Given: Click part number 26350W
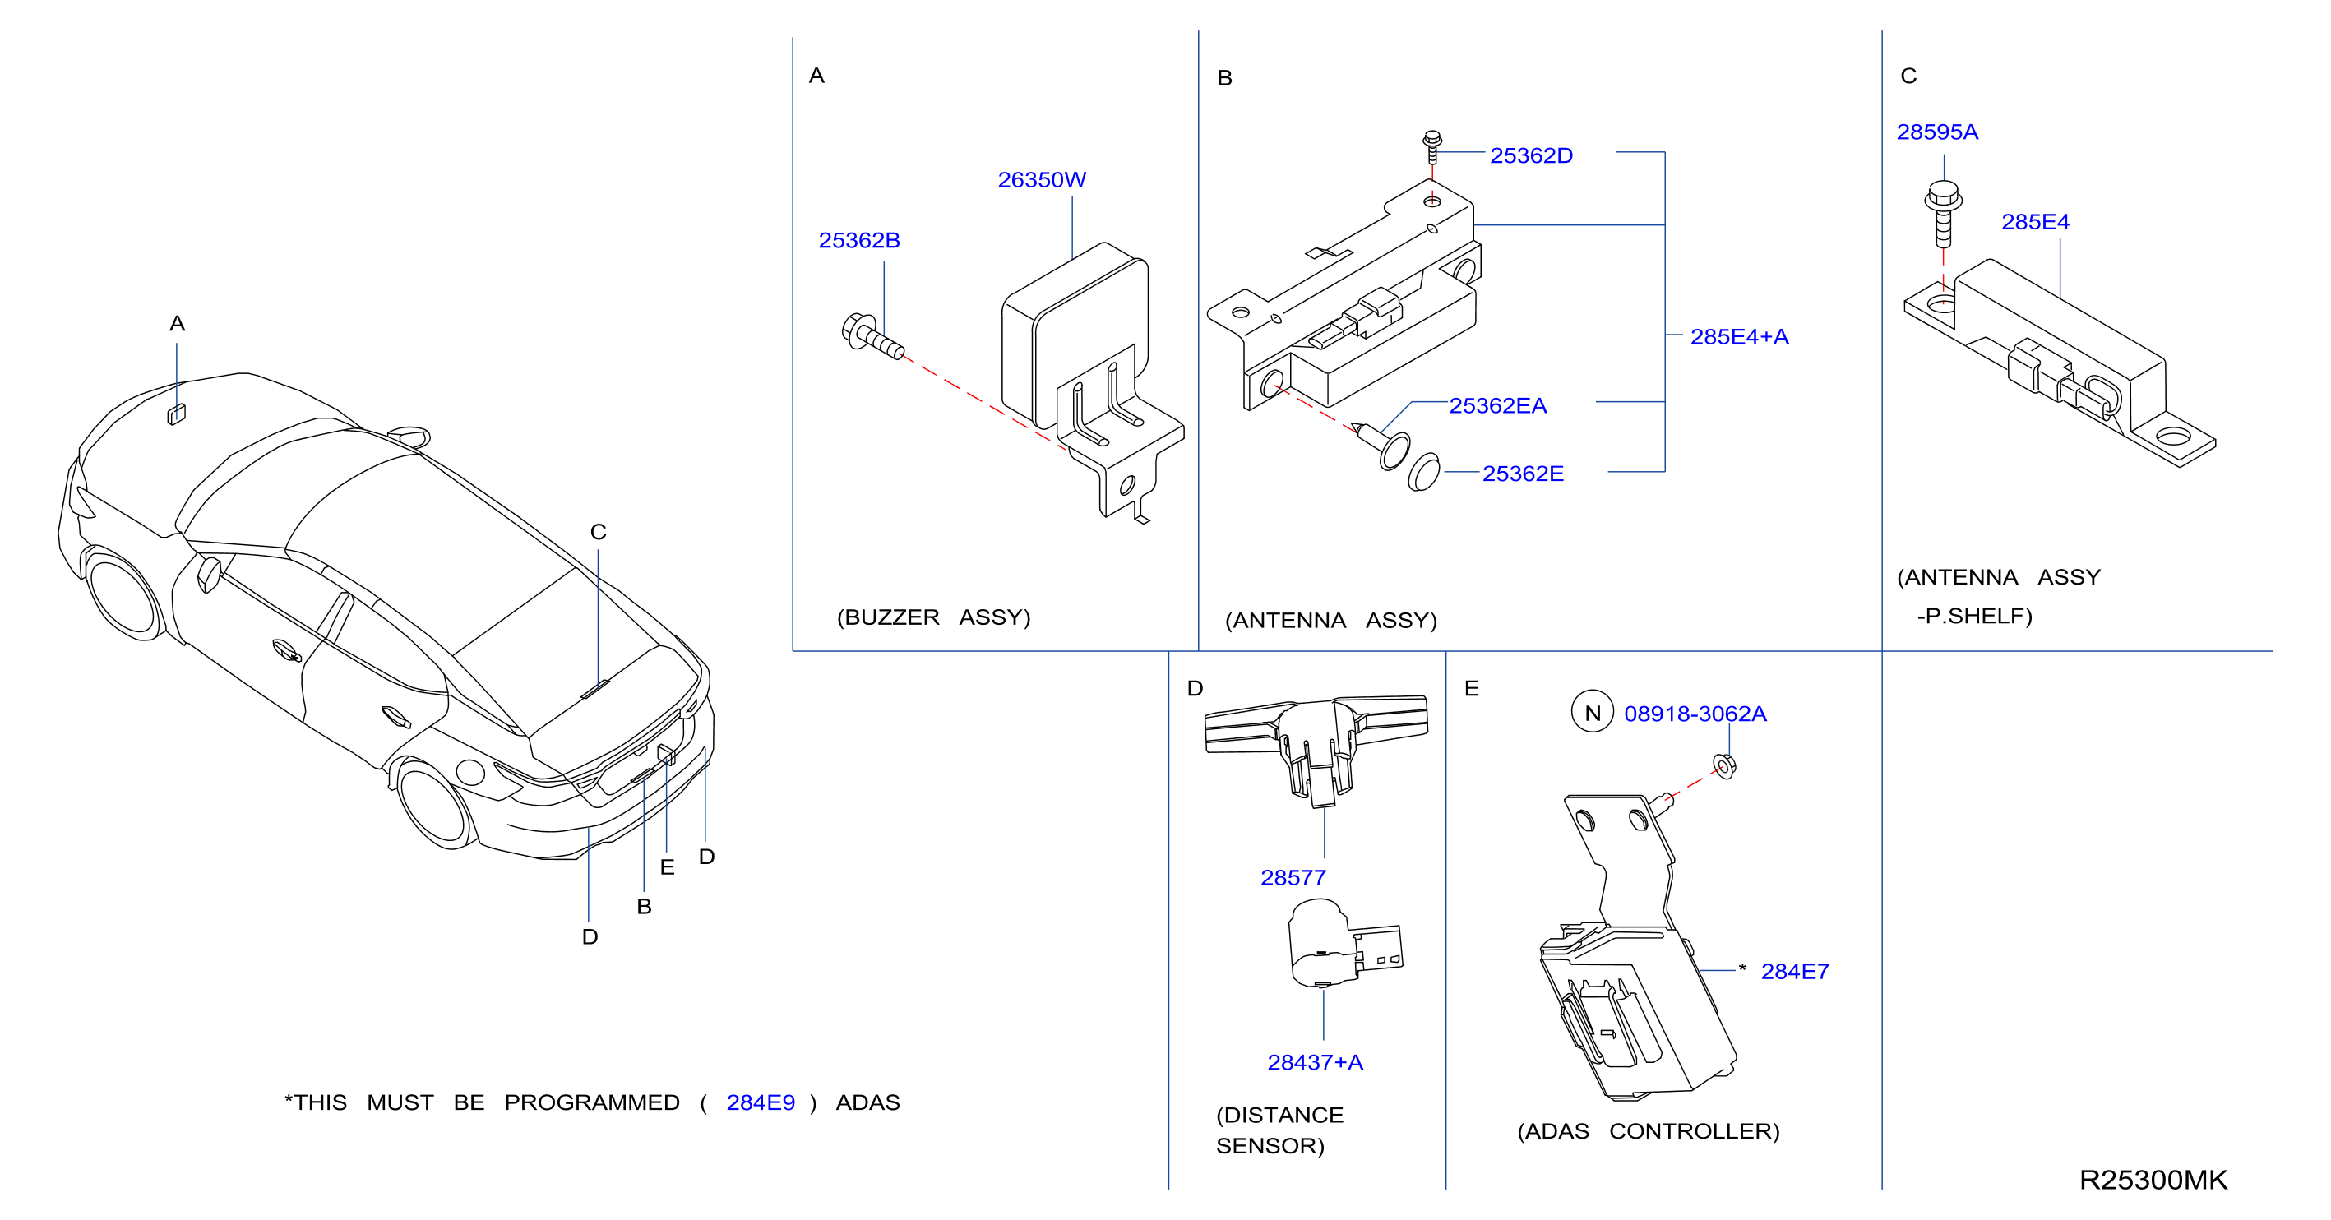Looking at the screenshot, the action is pyautogui.click(x=1042, y=180).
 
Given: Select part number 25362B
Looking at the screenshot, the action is pyautogui.click(x=858, y=241).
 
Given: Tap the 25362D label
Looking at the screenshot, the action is pyautogui.click(x=1531, y=155).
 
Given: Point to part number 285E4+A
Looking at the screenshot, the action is pyautogui.click(x=1739, y=337).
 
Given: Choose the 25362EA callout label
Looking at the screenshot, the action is pyautogui.click(x=1497, y=405).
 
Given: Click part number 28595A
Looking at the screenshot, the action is pyautogui.click(x=1937, y=132).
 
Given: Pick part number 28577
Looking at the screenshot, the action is pyautogui.click(x=1293, y=877).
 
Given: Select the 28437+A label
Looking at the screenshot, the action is pyautogui.click(x=1315, y=1061).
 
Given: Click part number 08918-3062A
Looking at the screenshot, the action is pyautogui.click(x=1695, y=714).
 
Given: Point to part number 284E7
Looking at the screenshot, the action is pyautogui.click(x=1794, y=971).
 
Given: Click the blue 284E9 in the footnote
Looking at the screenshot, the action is pyautogui.click(x=760, y=1102).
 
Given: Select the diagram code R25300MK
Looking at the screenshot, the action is pyautogui.click(x=2153, y=1179).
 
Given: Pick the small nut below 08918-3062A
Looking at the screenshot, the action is pyautogui.click(x=1725, y=765).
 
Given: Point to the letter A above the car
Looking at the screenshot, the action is pyautogui.click(x=178, y=323).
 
